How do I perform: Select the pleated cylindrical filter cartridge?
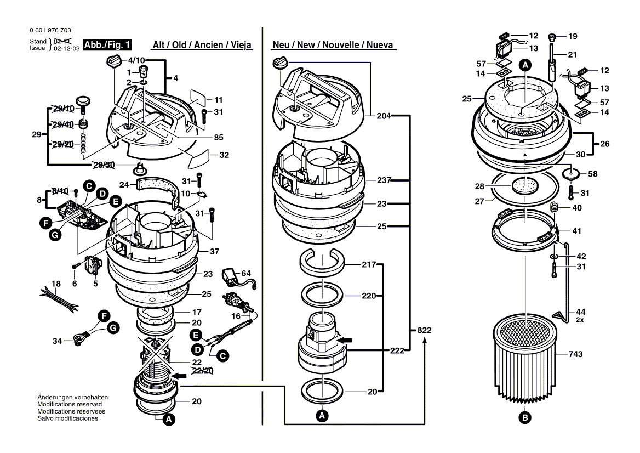coord(525,362)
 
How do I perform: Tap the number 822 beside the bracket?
coord(424,331)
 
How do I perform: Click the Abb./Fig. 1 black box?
coord(107,45)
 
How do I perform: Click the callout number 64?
coord(246,273)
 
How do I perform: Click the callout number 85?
coord(218,137)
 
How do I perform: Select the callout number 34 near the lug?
coord(57,341)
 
